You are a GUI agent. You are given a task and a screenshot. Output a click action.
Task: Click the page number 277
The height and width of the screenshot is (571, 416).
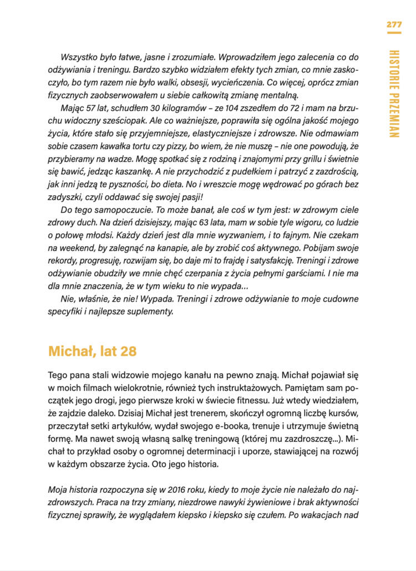(394, 24)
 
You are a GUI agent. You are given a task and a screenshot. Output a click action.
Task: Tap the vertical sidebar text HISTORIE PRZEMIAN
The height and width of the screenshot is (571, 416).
(394, 93)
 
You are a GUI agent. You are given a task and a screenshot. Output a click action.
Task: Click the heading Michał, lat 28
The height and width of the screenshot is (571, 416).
(92, 351)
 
